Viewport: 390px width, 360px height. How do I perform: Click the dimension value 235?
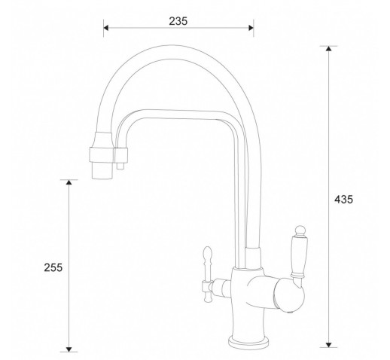coord(178,21)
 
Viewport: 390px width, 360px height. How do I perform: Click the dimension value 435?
coord(343,200)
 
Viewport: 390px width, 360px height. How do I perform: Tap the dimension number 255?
coord(53,267)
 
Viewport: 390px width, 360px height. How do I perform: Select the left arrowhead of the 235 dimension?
coord(106,28)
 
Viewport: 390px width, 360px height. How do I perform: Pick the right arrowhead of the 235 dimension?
coord(251,28)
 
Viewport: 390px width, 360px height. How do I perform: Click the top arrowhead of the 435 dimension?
coord(328,49)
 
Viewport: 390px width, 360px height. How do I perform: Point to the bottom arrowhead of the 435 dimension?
coord(328,345)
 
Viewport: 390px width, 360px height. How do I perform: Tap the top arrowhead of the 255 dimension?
coord(69,182)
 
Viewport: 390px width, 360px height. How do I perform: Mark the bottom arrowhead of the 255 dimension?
coord(69,349)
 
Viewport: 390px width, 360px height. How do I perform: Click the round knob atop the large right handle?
coord(300,230)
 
